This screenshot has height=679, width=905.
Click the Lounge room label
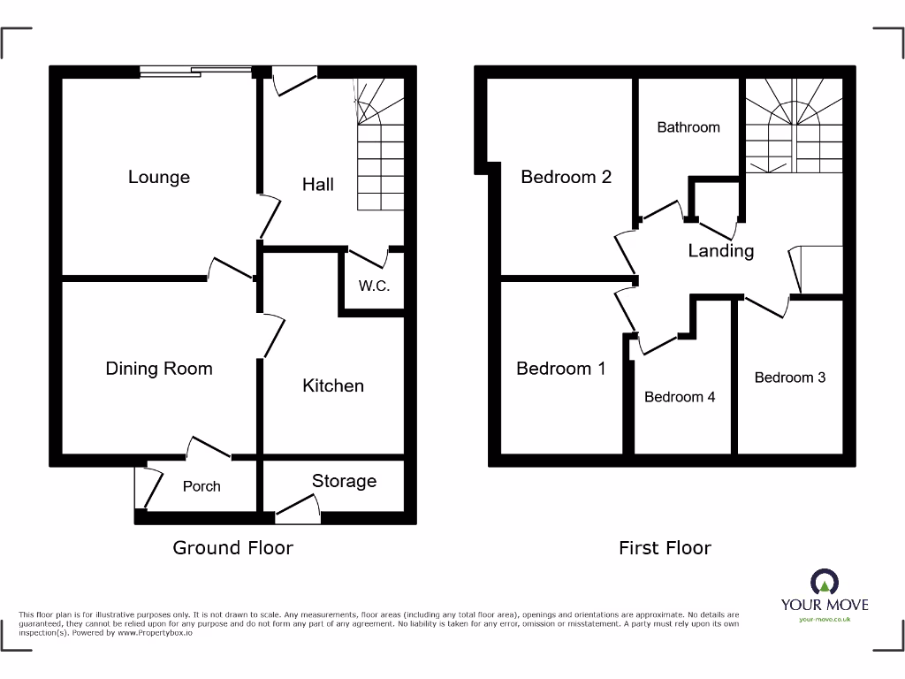[x=159, y=177]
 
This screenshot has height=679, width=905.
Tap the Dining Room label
[x=159, y=369]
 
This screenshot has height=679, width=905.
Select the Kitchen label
[x=333, y=385]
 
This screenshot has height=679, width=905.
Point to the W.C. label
[x=374, y=286]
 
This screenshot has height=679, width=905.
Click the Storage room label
[x=344, y=481]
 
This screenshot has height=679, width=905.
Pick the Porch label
[x=202, y=486]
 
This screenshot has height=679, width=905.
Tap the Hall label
[x=318, y=184]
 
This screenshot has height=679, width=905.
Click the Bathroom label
[x=688, y=127]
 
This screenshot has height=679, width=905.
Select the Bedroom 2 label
[x=566, y=177]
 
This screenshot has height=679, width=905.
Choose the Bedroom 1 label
[x=561, y=369]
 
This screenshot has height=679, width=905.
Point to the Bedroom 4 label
[x=680, y=397]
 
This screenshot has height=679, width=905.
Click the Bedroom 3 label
[x=790, y=378]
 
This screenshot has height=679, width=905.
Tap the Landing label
[x=721, y=251]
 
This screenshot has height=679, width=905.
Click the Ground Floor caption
[x=232, y=548]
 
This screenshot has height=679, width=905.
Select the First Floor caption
[x=665, y=548]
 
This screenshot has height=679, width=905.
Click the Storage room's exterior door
[x=298, y=508]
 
